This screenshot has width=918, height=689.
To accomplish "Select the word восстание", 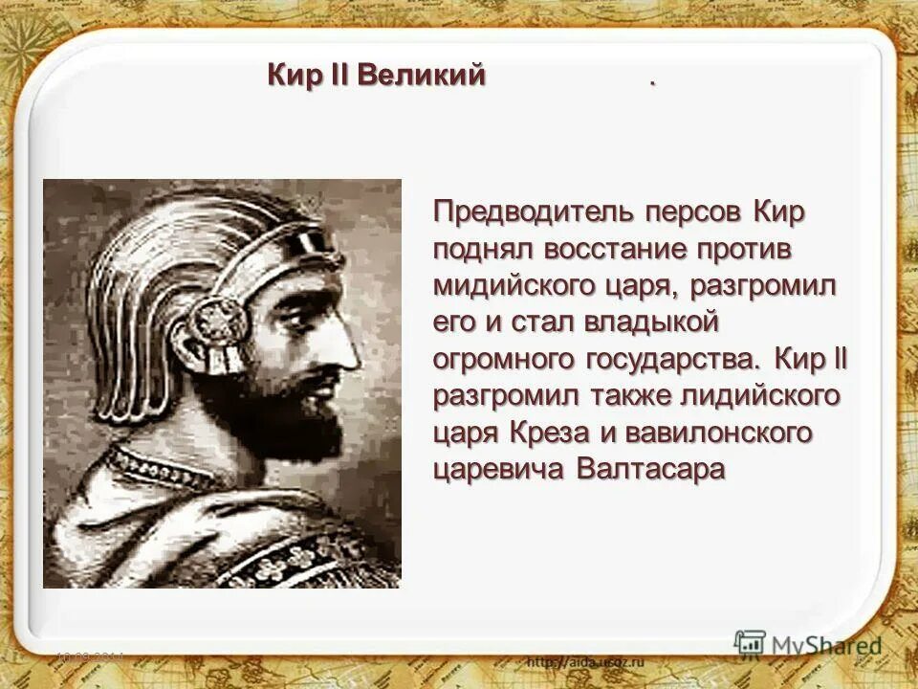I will click(615, 249).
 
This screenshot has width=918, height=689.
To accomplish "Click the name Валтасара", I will click(651, 470).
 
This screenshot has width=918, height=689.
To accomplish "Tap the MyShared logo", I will click(808, 645).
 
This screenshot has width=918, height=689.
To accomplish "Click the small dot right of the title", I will click(653, 83).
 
